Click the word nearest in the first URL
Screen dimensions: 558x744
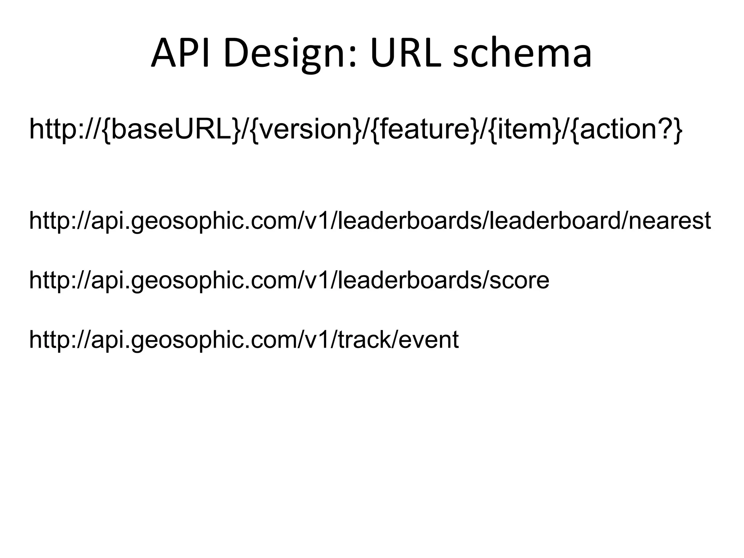point(669,221)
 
